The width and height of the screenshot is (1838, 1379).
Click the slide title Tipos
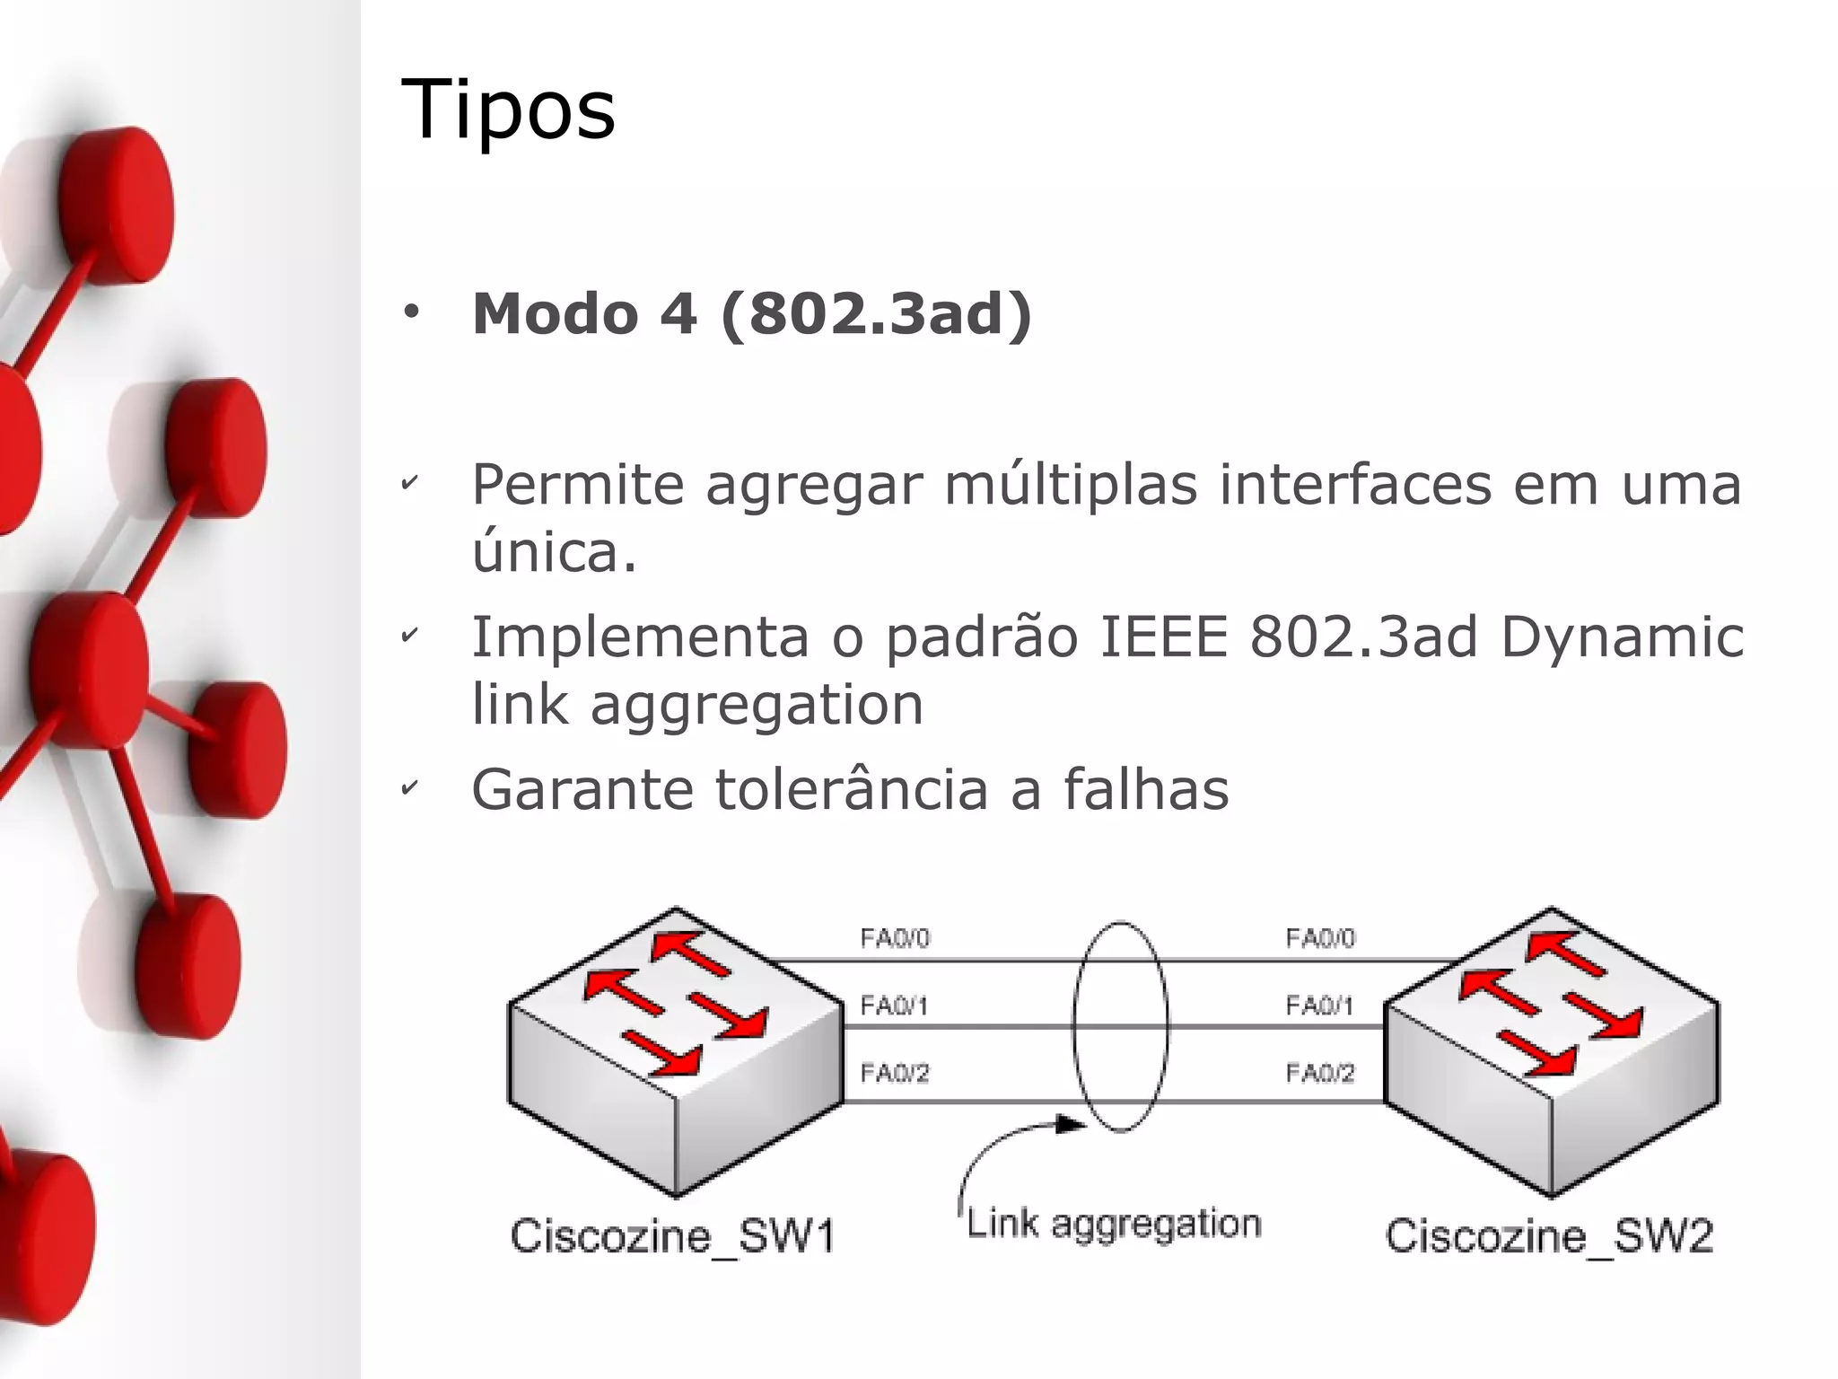click(x=508, y=110)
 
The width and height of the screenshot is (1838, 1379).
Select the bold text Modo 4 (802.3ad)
click(x=752, y=313)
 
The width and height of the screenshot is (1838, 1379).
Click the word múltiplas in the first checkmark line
click(x=1071, y=485)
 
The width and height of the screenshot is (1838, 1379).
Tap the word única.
click(x=554, y=551)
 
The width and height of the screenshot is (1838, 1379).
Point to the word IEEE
click(x=1163, y=637)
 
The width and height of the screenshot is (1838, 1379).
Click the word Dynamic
click(x=1622, y=638)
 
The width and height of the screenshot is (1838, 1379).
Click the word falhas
click(x=1146, y=790)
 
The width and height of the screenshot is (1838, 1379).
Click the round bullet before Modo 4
click(x=411, y=312)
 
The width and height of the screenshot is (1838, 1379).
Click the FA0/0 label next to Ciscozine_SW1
click(x=895, y=938)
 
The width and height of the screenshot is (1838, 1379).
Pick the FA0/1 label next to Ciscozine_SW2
click(x=1319, y=1005)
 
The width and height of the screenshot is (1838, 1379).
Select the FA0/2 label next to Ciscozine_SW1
click(x=895, y=1072)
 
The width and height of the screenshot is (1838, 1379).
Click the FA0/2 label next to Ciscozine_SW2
click(x=1319, y=1072)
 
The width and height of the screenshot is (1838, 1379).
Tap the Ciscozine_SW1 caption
click(x=672, y=1236)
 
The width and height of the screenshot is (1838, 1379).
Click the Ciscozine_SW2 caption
click(x=1549, y=1236)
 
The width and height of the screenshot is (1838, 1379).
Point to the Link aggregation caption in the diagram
click(x=1114, y=1224)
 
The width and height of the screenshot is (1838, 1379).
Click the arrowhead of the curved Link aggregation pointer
click(x=1072, y=1124)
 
